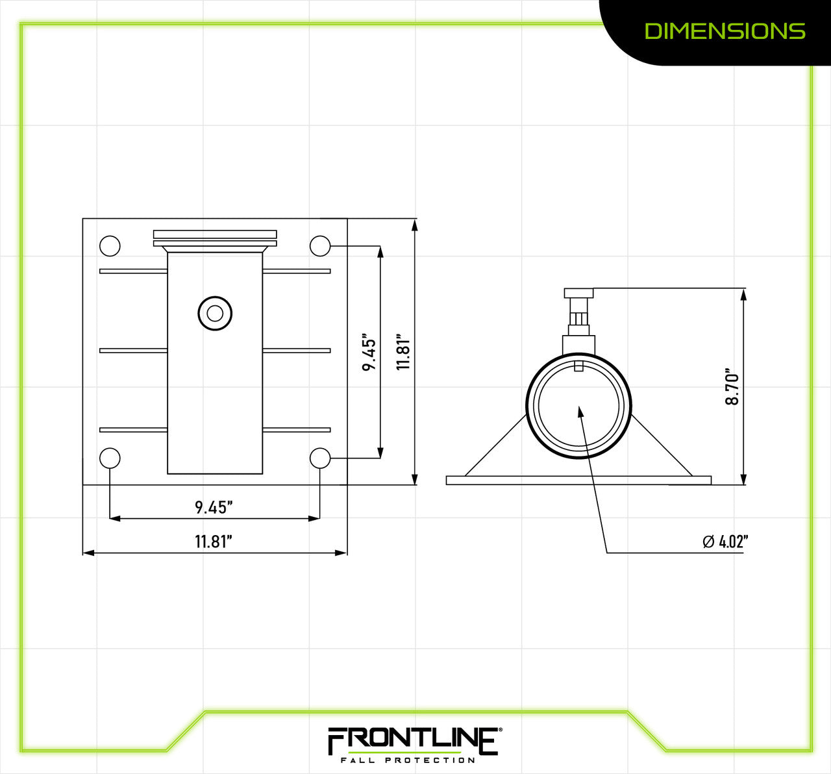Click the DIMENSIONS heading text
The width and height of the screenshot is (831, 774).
(725, 31)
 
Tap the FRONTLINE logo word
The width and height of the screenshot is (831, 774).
(412, 740)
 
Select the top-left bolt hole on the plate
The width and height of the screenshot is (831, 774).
(110, 246)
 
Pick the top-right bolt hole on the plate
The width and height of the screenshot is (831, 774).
(320, 246)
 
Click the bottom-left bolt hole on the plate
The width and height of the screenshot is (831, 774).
(110, 458)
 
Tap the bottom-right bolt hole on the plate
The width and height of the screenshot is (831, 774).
(320, 458)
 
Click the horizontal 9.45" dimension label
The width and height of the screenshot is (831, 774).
(214, 507)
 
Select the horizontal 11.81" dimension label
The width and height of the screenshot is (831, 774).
(214, 542)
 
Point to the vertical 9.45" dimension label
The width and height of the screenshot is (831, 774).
(369, 353)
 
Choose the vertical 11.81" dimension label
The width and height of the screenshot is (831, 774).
(404, 353)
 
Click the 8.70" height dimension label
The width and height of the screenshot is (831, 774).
(732, 388)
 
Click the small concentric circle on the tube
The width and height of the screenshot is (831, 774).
(215, 314)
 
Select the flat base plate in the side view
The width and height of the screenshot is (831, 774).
(578, 481)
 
